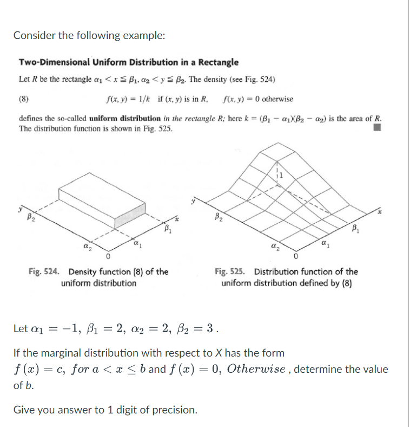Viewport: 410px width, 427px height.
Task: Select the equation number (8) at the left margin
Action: pos(24,99)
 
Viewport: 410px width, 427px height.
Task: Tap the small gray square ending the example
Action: pos(378,128)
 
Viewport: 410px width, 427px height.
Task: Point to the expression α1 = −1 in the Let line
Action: pos(55,329)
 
